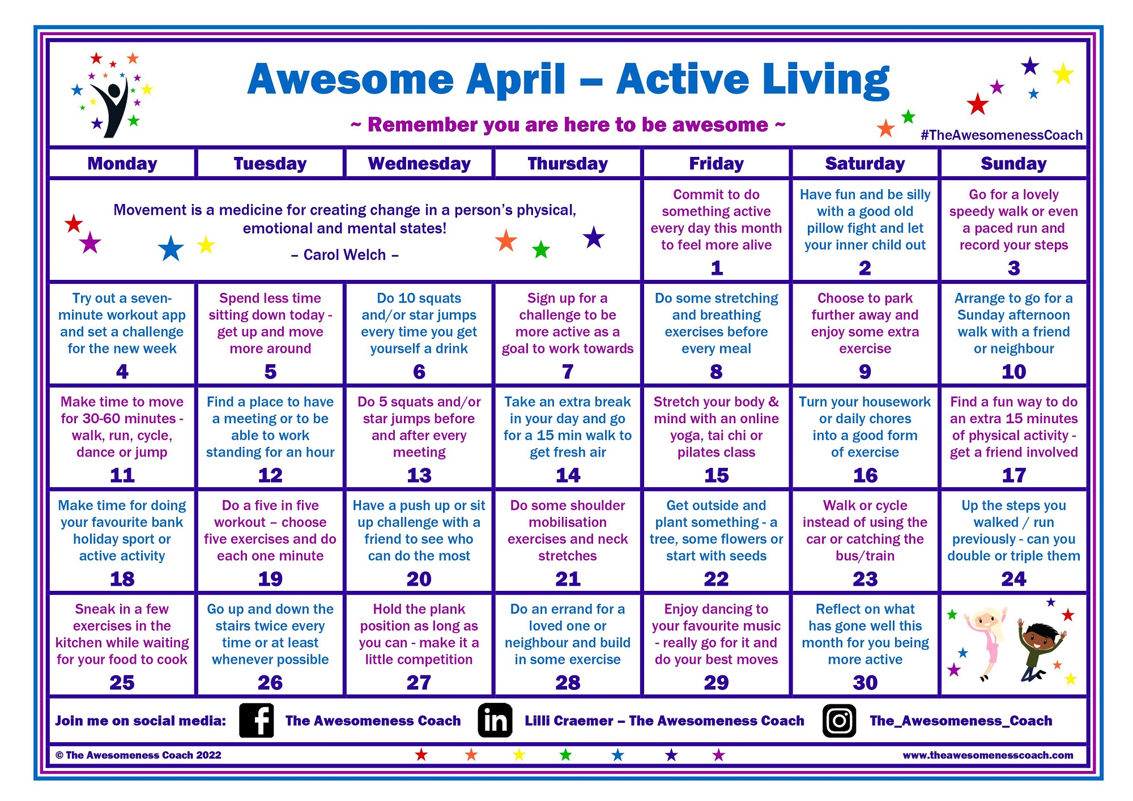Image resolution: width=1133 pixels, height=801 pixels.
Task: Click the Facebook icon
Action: click(x=257, y=720)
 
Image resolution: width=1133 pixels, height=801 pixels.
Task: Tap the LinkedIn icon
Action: click(x=495, y=720)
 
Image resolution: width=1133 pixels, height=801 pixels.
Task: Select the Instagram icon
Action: click(x=839, y=721)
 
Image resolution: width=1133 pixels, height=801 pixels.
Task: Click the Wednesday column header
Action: click(x=419, y=164)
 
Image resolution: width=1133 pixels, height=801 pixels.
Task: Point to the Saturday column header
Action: click(x=865, y=164)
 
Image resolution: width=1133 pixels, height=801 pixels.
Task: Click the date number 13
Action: click(x=419, y=475)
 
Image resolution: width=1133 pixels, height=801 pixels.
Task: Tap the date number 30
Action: click(x=865, y=683)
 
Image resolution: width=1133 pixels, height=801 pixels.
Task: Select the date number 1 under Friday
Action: click(x=717, y=268)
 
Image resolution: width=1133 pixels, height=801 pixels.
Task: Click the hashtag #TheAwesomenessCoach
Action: click(x=1002, y=135)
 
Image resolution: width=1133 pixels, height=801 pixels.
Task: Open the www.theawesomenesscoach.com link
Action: click(x=988, y=755)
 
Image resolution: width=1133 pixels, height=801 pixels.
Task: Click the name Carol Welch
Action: click(x=345, y=255)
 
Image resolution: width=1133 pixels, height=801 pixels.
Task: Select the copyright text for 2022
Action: click(x=138, y=755)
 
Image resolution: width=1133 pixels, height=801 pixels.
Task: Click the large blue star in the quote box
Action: click(x=171, y=248)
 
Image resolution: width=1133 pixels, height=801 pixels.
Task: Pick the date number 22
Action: click(x=717, y=579)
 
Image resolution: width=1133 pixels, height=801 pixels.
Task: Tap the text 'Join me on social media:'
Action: click(x=140, y=721)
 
